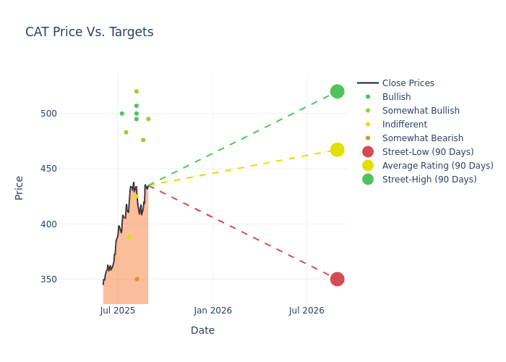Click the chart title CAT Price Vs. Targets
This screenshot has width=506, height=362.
[x=89, y=32]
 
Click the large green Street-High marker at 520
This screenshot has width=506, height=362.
[x=337, y=91]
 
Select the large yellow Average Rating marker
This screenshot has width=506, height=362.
[x=337, y=150]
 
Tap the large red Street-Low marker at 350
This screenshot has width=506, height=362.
[x=337, y=279]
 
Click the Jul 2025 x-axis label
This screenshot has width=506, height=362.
[x=118, y=311]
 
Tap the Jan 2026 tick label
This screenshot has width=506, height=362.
[x=213, y=311]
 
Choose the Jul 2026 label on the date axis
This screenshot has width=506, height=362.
[x=306, y=311]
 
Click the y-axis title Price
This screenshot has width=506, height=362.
[x=20, y=188]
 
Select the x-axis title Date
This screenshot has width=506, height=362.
[x=202, y=330]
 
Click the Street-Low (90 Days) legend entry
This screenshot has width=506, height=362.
[x=427, y=152]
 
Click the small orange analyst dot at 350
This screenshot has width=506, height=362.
[x=137, y=279]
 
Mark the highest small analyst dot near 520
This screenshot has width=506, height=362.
[x=136, y=91]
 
